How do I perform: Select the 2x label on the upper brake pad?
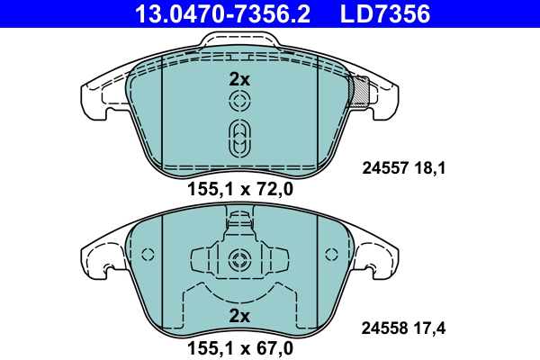(238, 79)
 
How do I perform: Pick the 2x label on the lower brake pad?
(238, 315)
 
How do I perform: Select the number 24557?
(384, 166)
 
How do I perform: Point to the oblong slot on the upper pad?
(238, 140)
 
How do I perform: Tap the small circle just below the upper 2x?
(238, 103)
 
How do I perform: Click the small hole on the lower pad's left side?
(150, 253)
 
